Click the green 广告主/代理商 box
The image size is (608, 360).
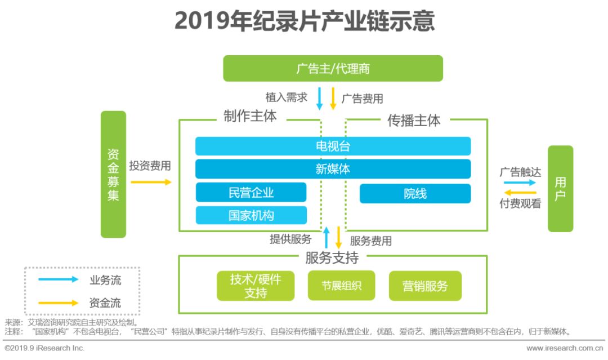333,69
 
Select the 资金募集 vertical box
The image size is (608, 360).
113,175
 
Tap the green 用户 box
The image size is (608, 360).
560,189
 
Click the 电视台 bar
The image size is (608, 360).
333,146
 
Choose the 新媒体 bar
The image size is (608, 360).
333,169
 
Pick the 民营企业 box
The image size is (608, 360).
251,193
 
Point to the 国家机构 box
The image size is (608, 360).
251,215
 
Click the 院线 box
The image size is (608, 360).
415,194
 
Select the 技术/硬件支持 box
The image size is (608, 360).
255,286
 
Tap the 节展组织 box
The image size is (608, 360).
341,285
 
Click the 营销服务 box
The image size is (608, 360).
425,286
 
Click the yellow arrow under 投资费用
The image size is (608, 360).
151,182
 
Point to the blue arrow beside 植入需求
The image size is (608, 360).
320,98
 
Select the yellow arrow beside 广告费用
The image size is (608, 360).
333,98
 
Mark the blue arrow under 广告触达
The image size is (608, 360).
520,183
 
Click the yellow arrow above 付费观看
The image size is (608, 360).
520,193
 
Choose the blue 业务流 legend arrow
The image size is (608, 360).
58,279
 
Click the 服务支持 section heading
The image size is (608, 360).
332,257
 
